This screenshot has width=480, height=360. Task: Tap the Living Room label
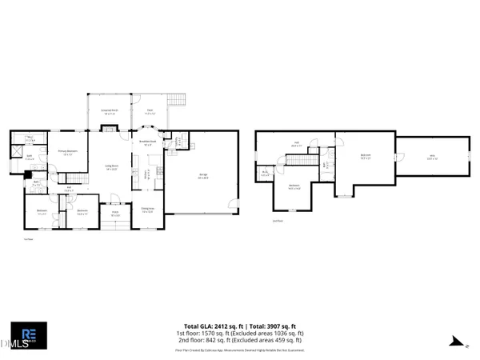pyautogui.click(x=112, y=167)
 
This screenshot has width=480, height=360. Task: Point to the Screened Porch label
pyautogui.click(x=110, y=114)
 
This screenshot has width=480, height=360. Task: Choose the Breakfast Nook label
pyautogui.click(x=148, y=142)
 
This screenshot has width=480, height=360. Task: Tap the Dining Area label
pyautogui.click(x=148, y=210)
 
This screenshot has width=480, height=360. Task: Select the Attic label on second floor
pyautogui.click(x=432, y=158)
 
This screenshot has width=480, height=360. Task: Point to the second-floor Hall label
pyautogui.click(x=295, y=145)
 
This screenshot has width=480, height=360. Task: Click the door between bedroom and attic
pyautogui.click(x=395, y=160)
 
